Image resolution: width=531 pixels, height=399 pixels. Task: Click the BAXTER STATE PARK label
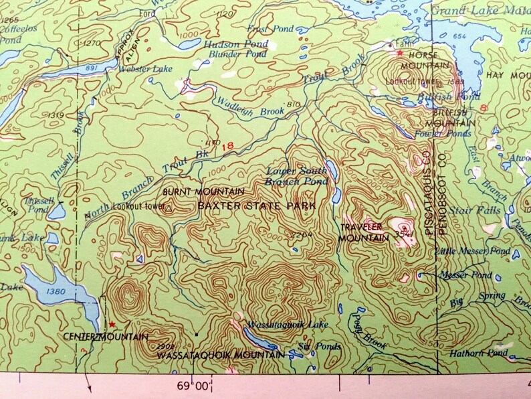256,206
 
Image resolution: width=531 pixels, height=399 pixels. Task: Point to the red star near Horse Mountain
400,53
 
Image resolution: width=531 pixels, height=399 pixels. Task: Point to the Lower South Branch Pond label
297,176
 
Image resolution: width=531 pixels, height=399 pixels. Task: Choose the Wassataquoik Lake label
288,325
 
